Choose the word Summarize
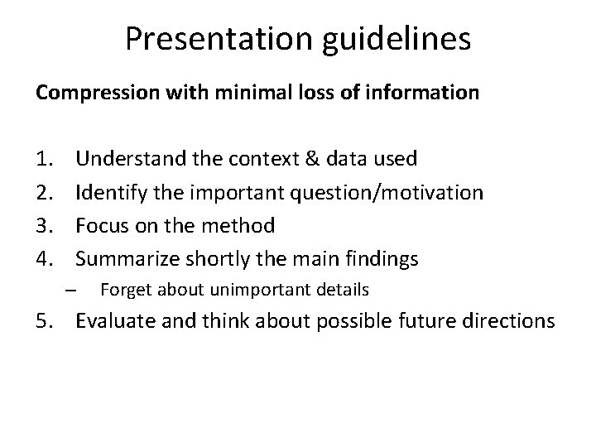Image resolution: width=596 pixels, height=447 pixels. tap(124, 259)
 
